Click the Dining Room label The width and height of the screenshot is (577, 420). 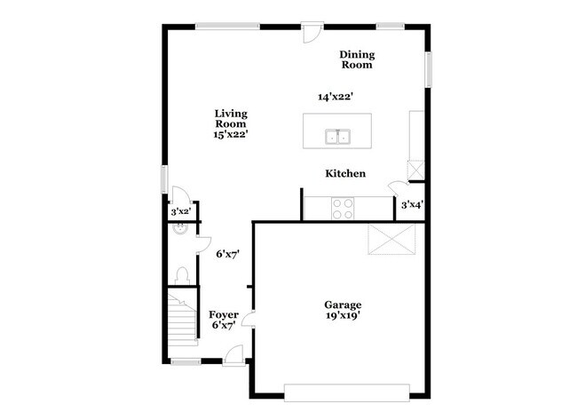pos(356,59)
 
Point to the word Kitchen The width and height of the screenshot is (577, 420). pos(345,174)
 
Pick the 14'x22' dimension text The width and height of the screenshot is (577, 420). pos(336,97)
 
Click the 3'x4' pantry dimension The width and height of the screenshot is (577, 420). pos(411,205)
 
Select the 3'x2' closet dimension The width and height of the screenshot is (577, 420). pos(180,212)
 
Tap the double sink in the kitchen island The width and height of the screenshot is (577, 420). pos(337,137)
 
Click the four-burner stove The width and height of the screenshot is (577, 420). pos(342,208)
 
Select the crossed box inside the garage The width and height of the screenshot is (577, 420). pos(391,238)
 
